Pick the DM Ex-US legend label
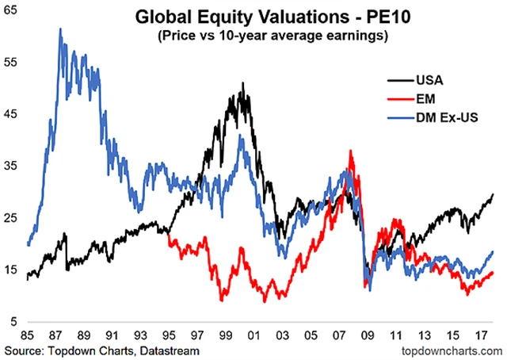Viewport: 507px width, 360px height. point(447,120)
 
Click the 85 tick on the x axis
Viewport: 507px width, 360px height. point(29,334)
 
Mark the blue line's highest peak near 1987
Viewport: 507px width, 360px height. point(60,29)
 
